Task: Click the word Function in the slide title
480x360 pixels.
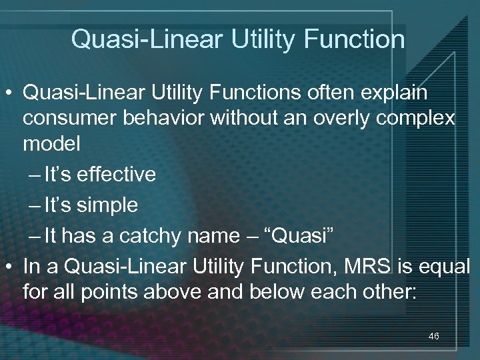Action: (353, 40)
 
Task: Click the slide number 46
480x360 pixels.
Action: (433, 337)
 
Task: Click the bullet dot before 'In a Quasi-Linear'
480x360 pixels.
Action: (10, 267)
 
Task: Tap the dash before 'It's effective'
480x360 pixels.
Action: (35, 175)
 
